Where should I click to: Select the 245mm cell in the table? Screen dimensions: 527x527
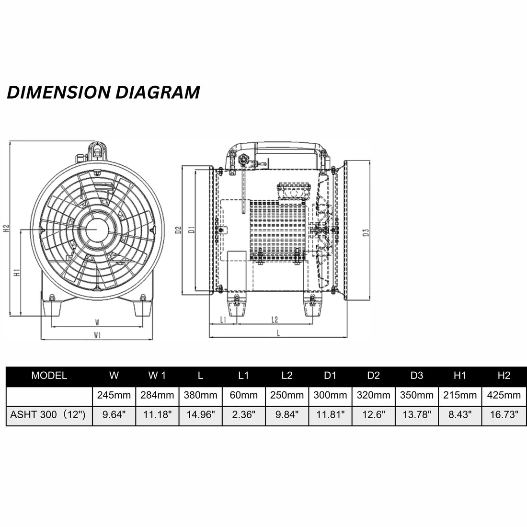point(114,395)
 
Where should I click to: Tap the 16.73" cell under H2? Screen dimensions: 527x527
point(504,415)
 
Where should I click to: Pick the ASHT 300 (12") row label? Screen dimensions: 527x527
point(48,415)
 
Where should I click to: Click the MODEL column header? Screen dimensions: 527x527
point(49,376)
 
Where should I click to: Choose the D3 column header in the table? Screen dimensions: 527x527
point(417,376)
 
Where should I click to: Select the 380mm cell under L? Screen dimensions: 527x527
point(200,395)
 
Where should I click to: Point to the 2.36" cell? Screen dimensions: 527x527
point(244,415)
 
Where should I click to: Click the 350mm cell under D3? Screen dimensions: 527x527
point(417,395)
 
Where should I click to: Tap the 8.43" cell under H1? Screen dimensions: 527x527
point(460,415)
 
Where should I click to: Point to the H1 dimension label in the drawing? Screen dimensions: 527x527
point(17,273)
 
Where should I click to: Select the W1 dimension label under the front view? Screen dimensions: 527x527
point(97,335)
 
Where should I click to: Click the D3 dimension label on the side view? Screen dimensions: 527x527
point(366,233)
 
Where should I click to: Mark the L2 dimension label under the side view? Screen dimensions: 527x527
point(275,320)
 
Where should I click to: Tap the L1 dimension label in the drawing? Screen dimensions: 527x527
point(223,320)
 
